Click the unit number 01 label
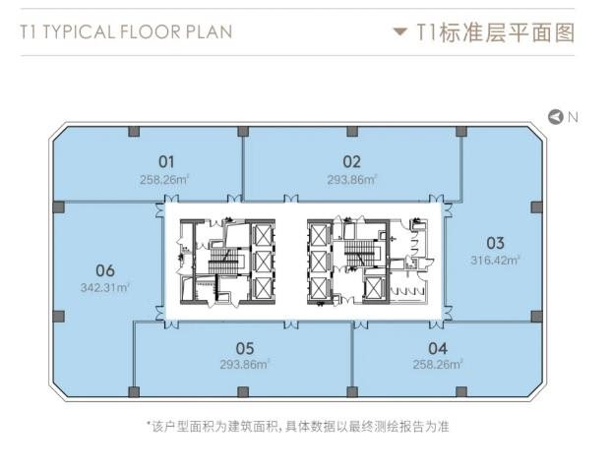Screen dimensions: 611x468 click(166, 162)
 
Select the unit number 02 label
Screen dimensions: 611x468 click(352, 162)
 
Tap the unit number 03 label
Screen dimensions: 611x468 click(495, 244)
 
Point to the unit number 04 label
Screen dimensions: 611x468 click(438, 348)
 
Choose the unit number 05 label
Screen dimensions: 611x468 click(245, 348)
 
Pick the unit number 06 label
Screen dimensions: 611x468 click(105, 270)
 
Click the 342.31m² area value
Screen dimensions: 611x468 click(105, 288)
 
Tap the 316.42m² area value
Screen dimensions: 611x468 click(495, 261)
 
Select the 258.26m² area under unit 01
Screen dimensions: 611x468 click(164, 180)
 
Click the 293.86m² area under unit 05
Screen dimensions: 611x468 click(245, 365)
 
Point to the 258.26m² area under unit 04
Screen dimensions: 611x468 click(438, 365)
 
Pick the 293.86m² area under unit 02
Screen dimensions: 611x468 click(352, 180)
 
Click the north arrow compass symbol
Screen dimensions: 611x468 click(556, 117)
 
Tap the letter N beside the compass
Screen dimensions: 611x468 click(573, 117)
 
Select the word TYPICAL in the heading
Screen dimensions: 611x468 click(79, 31)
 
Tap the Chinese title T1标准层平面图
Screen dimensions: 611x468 click(496, 31)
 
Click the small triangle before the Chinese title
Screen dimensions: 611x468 click(400, 31)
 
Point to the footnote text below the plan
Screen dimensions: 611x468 click(298, 427)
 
